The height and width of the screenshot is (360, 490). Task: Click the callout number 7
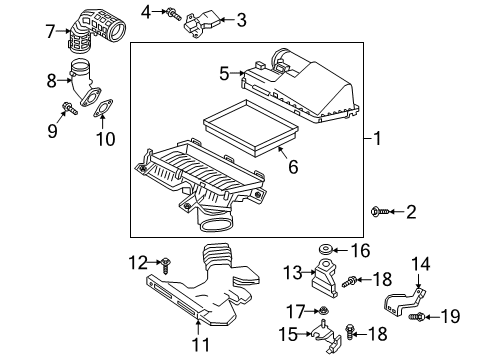click(50, 31)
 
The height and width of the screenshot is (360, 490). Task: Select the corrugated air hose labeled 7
click(96, 33)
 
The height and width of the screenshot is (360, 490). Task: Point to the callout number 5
click(225, 71)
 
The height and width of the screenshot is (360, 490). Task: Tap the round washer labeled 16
click(327, 249)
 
